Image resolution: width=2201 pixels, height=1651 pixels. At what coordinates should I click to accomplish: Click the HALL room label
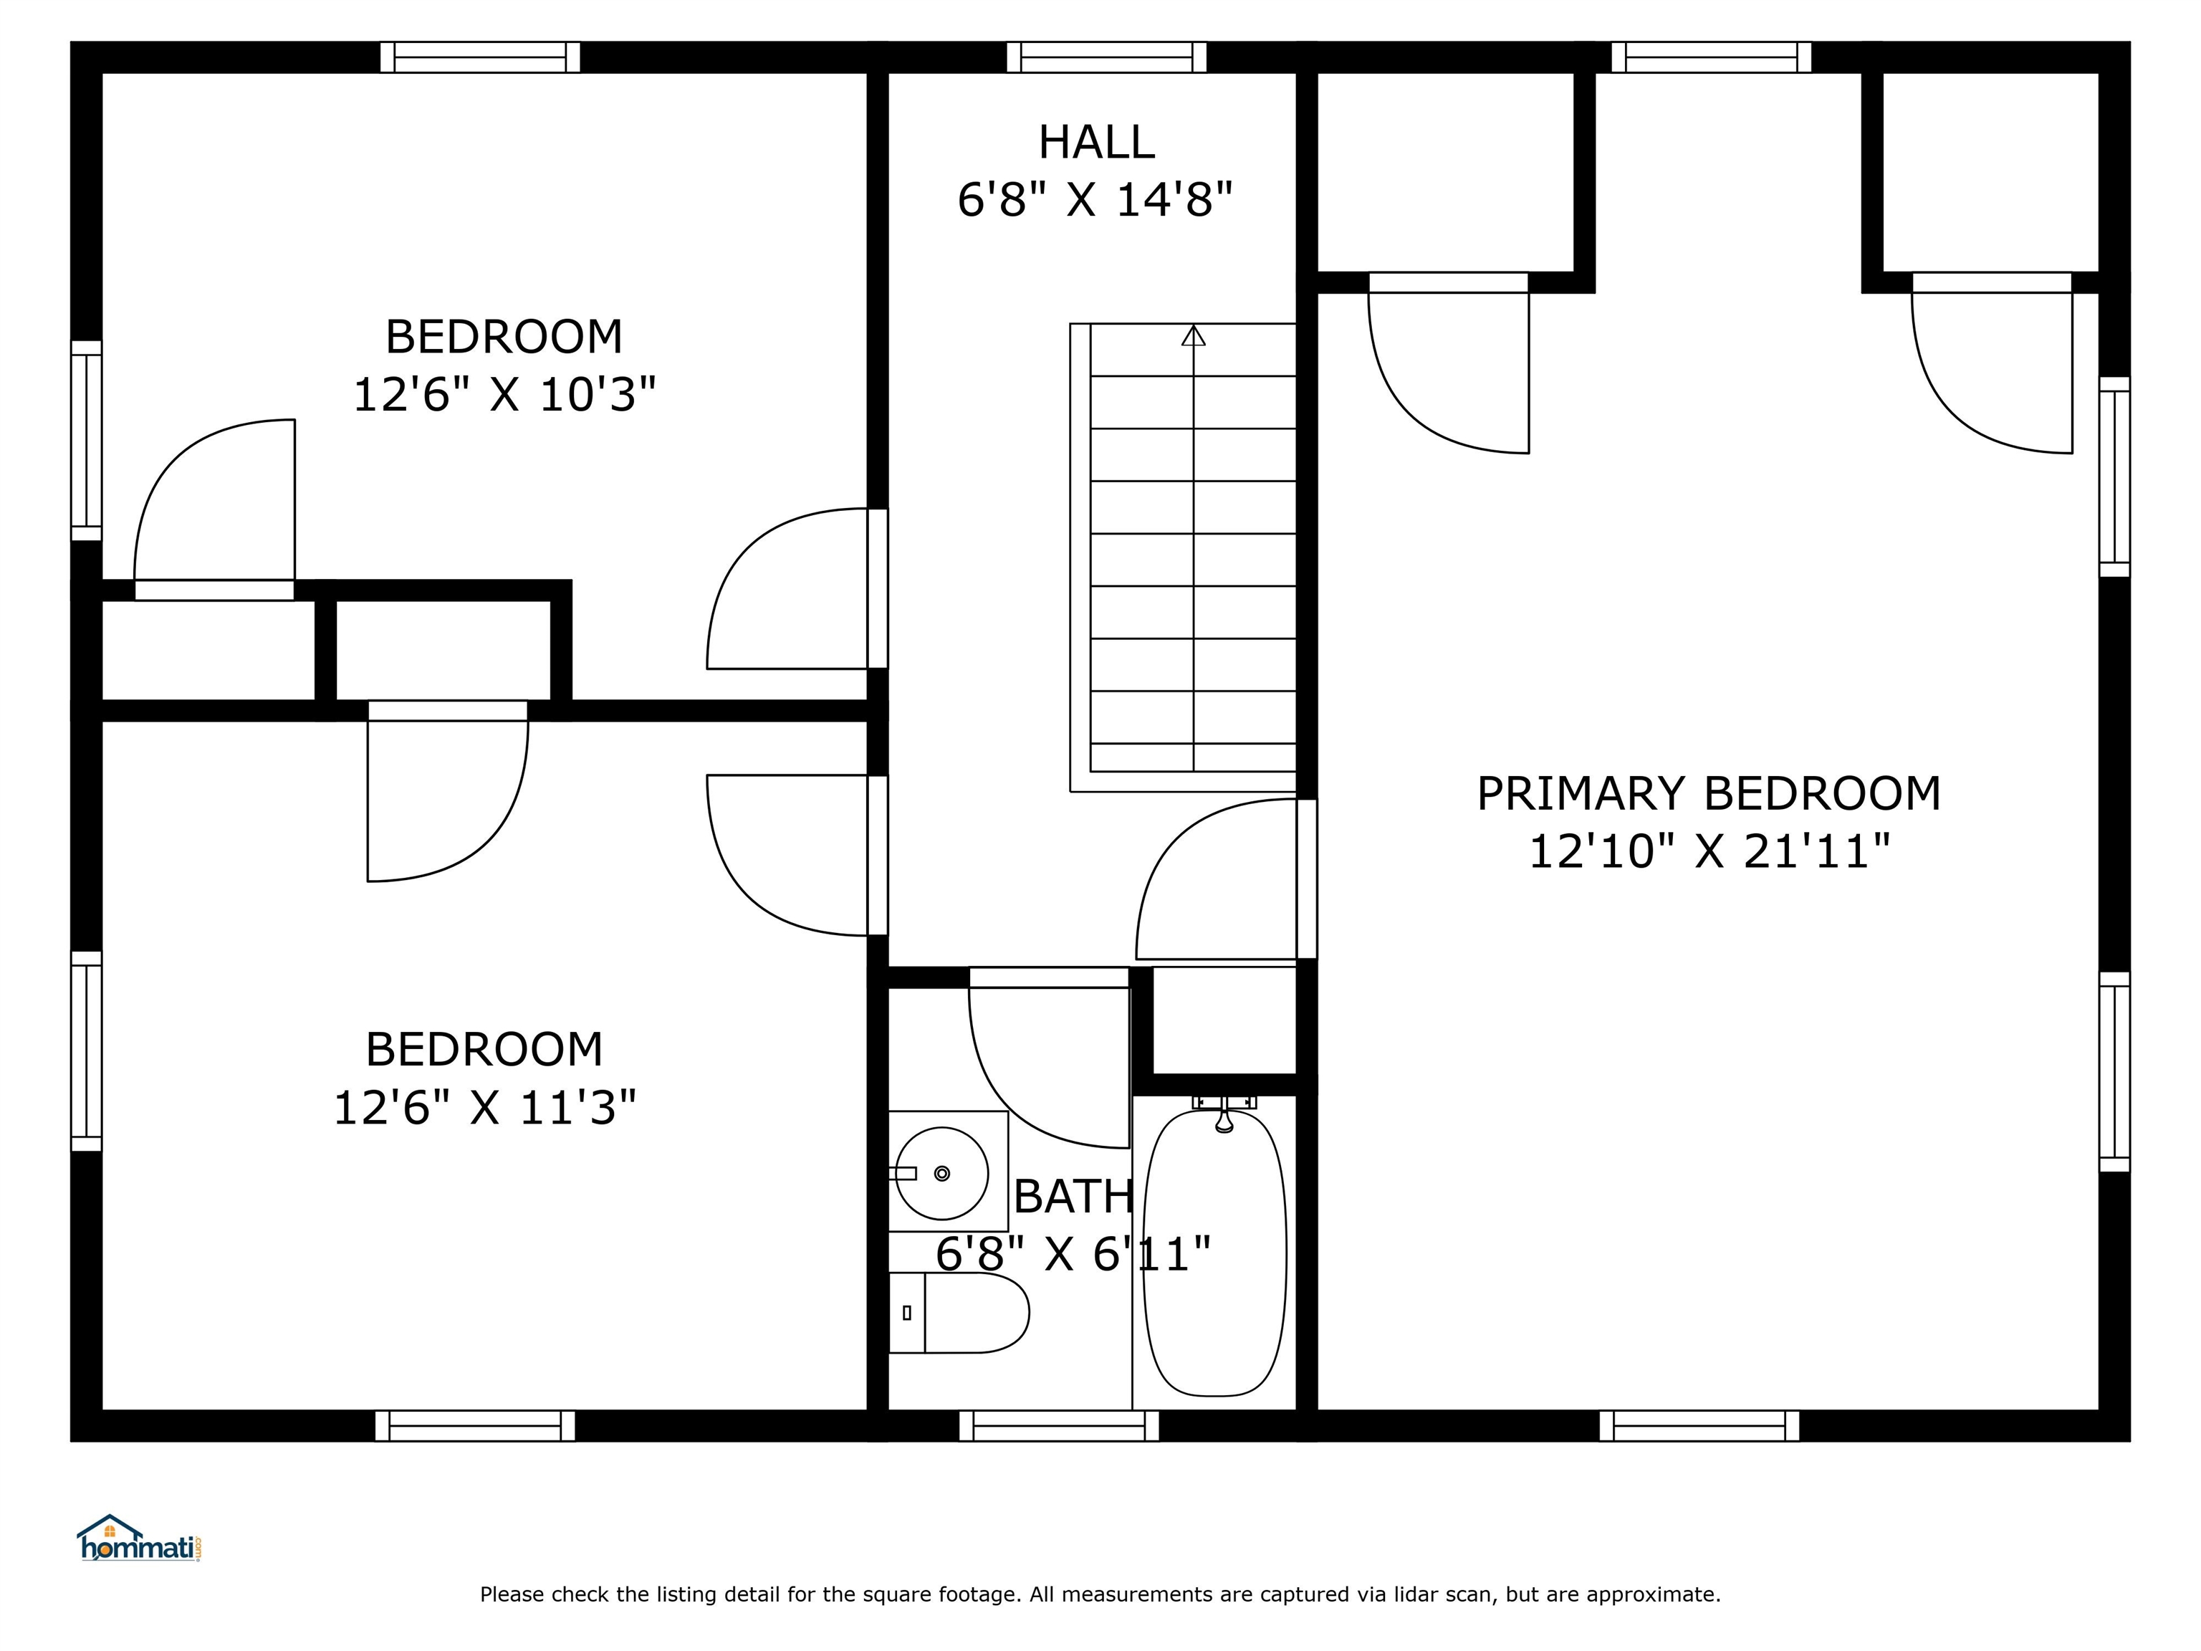click(1095, 143)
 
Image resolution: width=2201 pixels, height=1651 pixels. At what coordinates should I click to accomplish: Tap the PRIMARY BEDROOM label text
click(1709, 794)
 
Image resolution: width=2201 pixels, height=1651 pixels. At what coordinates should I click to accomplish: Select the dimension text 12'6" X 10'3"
click(504, 395)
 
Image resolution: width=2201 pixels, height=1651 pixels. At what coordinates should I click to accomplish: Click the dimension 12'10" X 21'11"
click(1709, 852)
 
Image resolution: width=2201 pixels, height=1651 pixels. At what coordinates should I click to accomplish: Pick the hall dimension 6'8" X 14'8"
click(1095, 200)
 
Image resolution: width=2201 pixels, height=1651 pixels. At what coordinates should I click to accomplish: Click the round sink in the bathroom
click(942, 1173)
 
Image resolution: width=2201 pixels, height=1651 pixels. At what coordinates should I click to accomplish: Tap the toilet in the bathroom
click(958, 1313)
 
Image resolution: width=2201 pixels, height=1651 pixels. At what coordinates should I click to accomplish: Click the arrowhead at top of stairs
click(1193, 335)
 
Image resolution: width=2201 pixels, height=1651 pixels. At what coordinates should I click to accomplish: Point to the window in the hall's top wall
click(1106, 57)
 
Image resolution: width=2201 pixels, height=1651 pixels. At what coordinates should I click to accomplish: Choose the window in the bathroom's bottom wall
click(1059, 1425)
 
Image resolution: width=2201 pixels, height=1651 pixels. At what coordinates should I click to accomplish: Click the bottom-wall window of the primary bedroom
click(1699, 1425)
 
